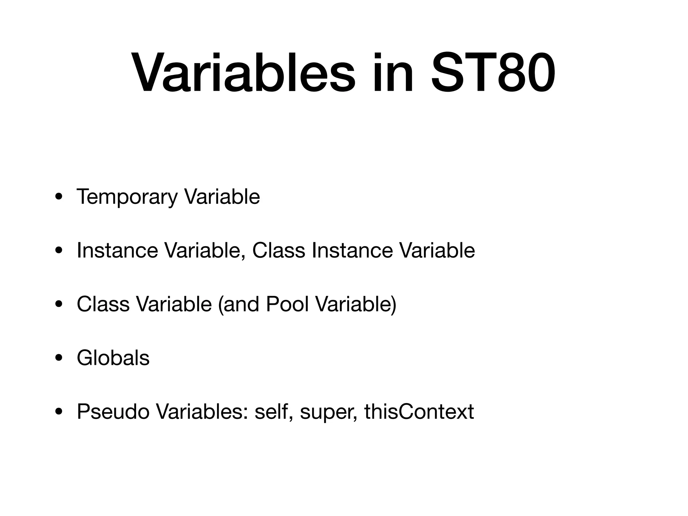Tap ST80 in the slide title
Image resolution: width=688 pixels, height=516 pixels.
pyautogui.click(x=493, y=74)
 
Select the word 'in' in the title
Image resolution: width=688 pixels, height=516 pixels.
pyautogui.click(x=392, y=74)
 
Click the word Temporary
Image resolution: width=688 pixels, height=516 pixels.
pyautogui.click(x=126, y=197)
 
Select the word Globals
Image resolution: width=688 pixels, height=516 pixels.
pyautogui.click(x=113, y=358)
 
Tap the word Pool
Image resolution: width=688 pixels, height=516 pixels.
pyautogui.click(x=287, y=304)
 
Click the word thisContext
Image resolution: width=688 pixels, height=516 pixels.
pyautogui.click(x=419, y=412)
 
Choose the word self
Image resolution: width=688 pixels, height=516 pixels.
pyautogui.click(x=271, y=412)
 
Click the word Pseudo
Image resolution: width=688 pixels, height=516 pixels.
pyautogui.click(x=113, y=412)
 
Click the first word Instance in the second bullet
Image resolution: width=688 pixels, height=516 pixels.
pyautogui.click(x=117, y=250)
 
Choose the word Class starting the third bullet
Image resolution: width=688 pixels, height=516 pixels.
pyautogui.click(x=103, y=304)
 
